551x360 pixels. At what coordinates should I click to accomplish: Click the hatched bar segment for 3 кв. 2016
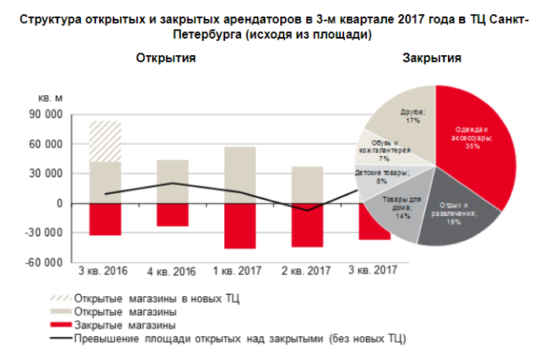[x=105, y=141]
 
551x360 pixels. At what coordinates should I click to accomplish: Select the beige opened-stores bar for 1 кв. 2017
[x=239, y=175]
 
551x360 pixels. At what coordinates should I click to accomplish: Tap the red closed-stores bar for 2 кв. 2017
[x=307, y=225]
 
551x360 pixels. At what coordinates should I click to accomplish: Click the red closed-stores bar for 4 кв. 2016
[x=172, y=215]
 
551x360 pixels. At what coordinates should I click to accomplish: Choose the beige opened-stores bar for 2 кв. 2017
[x=307, y=184]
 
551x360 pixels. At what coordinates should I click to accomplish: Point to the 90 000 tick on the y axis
[x=45, y=115]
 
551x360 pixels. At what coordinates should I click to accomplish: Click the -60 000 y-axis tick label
[x=43, y=262]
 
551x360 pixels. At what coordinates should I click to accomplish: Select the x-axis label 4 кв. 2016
[x=172, y=273]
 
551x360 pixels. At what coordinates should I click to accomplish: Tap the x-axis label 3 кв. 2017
[x=374, y=273]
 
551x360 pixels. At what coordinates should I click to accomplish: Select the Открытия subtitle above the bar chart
[x=165, y=58]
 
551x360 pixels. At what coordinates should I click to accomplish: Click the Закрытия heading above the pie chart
[x=431, y=58]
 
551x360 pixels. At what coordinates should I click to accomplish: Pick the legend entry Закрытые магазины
[x=124, y=324]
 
